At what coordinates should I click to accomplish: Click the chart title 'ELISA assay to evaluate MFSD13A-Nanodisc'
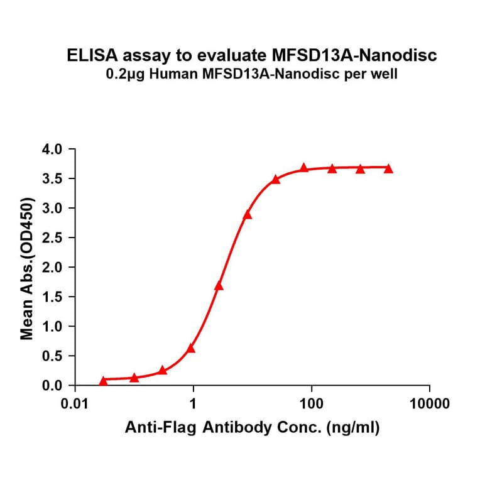pyautogui.click(x=252, y=56)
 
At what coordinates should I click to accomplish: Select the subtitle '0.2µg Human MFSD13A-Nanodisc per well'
pyautogui.click(x=252, y=75)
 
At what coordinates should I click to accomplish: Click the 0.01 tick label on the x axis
pyautogui.click(x=75, y=403)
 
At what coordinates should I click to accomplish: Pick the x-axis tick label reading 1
pyautogui.click(x=194, y=403)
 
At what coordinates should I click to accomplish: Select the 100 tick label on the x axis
pyautogui.click(x=312, y=403)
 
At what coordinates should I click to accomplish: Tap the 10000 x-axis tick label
pyautogui.click(x=429, y=403)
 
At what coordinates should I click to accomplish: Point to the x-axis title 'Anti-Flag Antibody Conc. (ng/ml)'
pyautogui.click(x=252, y=428)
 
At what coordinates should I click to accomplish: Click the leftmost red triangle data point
pyautogui.click(x=103, y=381)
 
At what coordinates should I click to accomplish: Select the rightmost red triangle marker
pyautogui.click(x=388, y=168)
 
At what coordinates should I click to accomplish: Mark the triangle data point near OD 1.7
pyautogui.click(x=219, y=286)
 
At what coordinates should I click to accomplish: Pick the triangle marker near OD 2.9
pyautogui.click(x=248, y=215)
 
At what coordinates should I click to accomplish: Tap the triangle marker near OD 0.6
pyautogui.click(x=191, y=348)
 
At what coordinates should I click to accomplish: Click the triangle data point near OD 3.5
pyautogui.click(x=275, y=180)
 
